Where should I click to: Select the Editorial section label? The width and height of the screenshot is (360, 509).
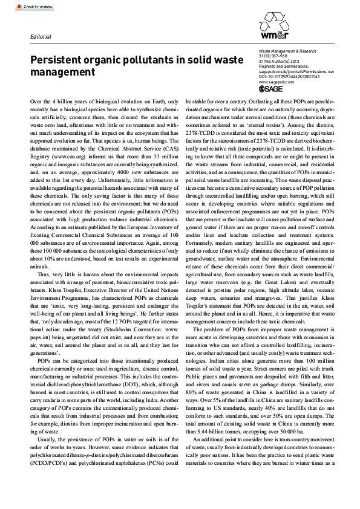coord(41,36)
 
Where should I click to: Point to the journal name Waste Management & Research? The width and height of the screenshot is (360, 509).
coord(287,53)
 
